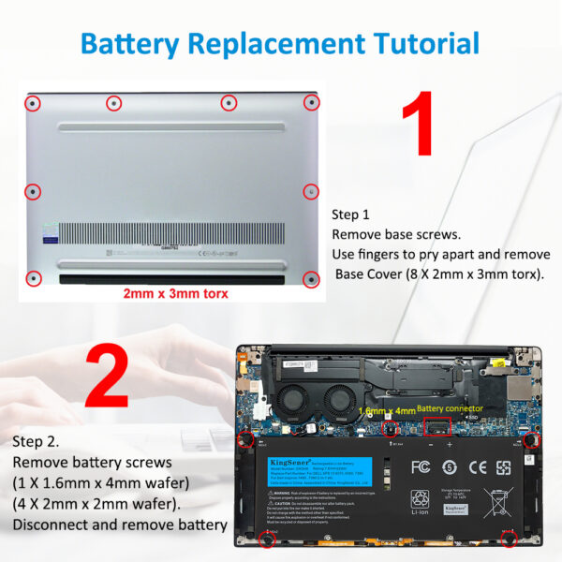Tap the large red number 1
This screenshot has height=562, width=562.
pos(431,124)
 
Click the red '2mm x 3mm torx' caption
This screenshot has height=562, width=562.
pos(175,293)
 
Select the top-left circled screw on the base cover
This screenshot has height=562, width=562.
pos(33,102)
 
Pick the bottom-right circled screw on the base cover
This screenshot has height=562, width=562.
pos(312,277)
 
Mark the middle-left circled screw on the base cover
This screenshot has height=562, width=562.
pos(33,191)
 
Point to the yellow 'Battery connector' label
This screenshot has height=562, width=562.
pos(450,408)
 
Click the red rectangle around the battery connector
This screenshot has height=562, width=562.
pos(436,427)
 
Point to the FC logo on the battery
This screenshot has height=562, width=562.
pos(421,466)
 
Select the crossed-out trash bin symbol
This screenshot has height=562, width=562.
pos(497,505)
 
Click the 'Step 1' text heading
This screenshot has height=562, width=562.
pos(351,214)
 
